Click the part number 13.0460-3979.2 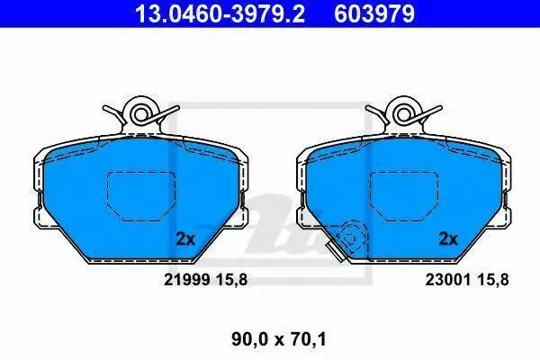[220, 13]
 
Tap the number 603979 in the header [374, 13]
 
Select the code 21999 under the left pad [187, 280]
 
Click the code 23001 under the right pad [448, 280]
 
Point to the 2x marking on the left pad [185, 238]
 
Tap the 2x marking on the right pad [448, 238]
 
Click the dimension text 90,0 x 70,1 [279, 339]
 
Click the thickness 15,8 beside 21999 [232, 280]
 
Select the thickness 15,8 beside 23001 [493, 280]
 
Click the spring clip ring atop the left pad [140, 114]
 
